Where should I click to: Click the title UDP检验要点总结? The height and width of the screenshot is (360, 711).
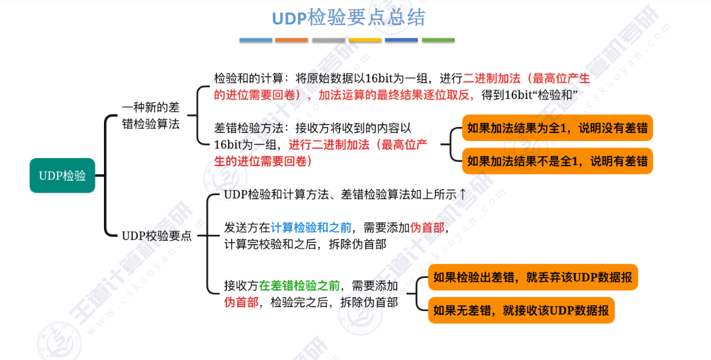(348, 18)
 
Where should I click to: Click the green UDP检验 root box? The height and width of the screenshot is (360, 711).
(62, 175)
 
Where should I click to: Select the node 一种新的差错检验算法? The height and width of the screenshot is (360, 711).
(151, 115)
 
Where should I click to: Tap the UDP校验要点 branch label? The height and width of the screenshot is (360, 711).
(156, 235)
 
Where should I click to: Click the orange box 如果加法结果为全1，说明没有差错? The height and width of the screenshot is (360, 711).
(557, 128)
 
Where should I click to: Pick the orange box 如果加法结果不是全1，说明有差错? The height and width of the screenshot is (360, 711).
(557, 160)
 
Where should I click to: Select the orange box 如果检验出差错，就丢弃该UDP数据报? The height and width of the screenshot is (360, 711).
(533, 277)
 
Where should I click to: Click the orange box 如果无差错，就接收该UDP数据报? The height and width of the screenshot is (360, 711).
(520, 309)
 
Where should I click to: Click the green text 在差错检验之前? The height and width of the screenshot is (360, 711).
(300, 286)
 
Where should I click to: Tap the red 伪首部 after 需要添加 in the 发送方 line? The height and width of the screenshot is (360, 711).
(427, 228)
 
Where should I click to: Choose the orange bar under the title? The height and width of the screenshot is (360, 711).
(291, 40)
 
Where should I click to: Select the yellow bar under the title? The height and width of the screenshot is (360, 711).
(365, 40)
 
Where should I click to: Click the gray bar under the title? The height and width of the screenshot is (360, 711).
(328, 40)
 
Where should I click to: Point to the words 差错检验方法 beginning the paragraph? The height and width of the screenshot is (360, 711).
(250, 128)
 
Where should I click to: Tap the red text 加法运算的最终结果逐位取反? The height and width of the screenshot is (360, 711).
(396, 95)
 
